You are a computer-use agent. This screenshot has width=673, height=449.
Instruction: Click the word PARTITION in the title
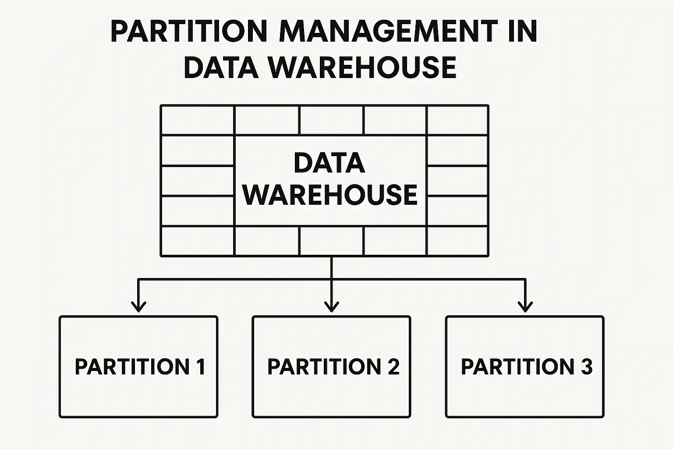pyautogui.click(x=189, y=32)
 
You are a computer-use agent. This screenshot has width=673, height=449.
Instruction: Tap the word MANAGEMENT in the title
pyautogui.click(x=388, y=32)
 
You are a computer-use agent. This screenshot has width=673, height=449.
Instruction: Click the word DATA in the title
pyautogui.click(x=221, y=68)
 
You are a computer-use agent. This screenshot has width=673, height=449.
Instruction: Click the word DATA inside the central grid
pyautogui.click(x=329, y=163)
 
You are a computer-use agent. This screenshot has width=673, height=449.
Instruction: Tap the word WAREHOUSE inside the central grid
pyautogui.click(x=330, y=195)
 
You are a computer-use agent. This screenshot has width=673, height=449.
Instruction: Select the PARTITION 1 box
pyautogui.click(x=138, y=367)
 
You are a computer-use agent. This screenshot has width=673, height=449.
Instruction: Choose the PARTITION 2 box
pyautogui.click(x=331, y=367)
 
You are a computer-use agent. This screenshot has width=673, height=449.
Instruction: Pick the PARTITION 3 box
pyautogui.click(x=524, y=367)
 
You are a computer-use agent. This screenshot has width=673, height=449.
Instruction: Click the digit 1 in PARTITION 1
pyautogui.click(x=201, y=367)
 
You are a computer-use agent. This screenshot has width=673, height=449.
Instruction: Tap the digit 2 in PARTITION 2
pyautogui.click(x=393, y=367)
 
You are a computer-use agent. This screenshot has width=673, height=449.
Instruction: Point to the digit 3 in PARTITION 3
pyautogui.click(x=587, y=367)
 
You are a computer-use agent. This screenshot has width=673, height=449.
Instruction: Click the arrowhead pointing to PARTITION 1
pyautogui.click(x=138, y=306)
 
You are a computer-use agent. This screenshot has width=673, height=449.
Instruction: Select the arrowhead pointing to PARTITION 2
pyautogui.click(x=331, y=306)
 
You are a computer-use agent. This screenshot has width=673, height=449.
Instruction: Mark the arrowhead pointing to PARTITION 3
pyautogui.click(x=525, y=306)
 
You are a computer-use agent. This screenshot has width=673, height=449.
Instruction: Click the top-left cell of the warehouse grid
pyautogui.click(x=198, y=120)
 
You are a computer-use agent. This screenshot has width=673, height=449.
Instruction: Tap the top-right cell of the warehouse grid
pyautogui.click(x=457, y=120)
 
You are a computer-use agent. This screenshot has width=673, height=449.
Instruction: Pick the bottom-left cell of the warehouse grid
pyautogui.click(x=198, y=241)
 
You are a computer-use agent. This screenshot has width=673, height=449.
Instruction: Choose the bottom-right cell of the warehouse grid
pyautogui.click(x=457, y=241)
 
